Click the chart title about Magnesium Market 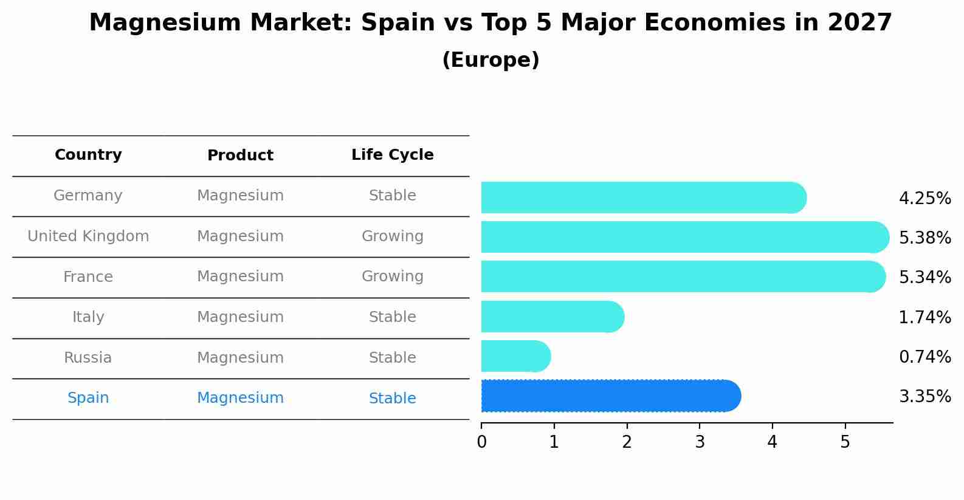pyautogui.click(x=490, y=23)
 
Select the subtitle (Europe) pyautogui.click(x=490, y=60)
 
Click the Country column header pyautogui.click(x=88, y=155)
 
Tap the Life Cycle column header pyautogui.click(x=392, y=155)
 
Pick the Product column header pyautogui.click(x=240, y=156)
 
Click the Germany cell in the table pyautogui.click(x=88, y=196)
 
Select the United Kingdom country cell pyautogui.click(x=88, y=236)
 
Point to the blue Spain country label pyautogui.click(x=88, y=398)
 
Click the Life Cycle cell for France pyautogui.click(x=392, y=276)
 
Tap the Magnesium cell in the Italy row pyautogui.click(x=240, y=317)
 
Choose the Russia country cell pyautogui.click(x=88, y=358)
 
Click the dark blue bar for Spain pyautogui.click(x=608, y=396)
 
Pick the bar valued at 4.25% pyautogui.click(x=641, y=197)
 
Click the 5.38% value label pyautogui.click(x=924, y=238)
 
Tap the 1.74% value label pyautogui.click(x=924, y=317)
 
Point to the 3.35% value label pyautogui.click(x=924, y=397)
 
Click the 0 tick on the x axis pyautogui.click(x=481, y=442)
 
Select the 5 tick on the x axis pyautogui.click(x=845, y=442)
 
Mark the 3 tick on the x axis pyautogui.click(x=700, y=442)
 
